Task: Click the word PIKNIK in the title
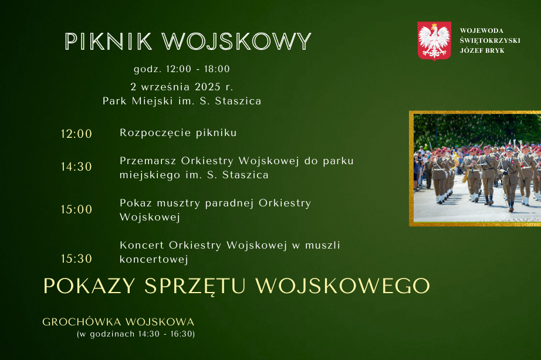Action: (x=109, y=42)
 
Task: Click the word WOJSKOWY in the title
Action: (x=236, y=42)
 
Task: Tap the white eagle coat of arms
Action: (x=434, y=41)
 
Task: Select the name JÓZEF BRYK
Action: (x=482, y=50)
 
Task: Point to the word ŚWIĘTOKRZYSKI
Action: (x=490, y=40)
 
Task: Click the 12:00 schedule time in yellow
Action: (x=76, y=134)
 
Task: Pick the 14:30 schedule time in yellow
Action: (x=76, y=167)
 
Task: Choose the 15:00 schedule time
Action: (x=76, y=209)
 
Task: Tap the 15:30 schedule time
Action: (x=76, y=259)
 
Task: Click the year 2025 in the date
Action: (x=208, y=87)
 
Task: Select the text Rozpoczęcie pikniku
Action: (x=178, y=133)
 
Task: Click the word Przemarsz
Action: (x=148, y=161)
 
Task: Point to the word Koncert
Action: (x=142, y=245)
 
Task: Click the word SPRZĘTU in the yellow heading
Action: (x=195, y=286)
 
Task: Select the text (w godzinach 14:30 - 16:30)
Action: (x=136, y=334)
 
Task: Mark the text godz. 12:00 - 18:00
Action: (x=182, y=69)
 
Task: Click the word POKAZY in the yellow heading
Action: (x=89, y=286)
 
